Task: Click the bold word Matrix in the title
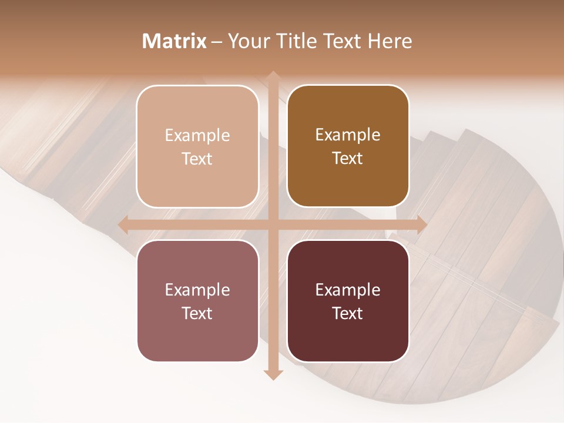[x=174, y=41]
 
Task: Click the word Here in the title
[x=390, y=41]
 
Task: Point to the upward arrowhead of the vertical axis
[x=273, y=77]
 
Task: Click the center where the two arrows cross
[x=273, y=224]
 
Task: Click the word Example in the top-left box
[x=197, y=136]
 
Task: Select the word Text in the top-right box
[x=348, y=159]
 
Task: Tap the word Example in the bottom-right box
[x=348, y=290]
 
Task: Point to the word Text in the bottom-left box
[x=197, y=314]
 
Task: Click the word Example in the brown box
[x=348, y=135]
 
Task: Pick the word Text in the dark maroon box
[x=348, y=314]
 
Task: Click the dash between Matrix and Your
[x=217, y=42]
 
